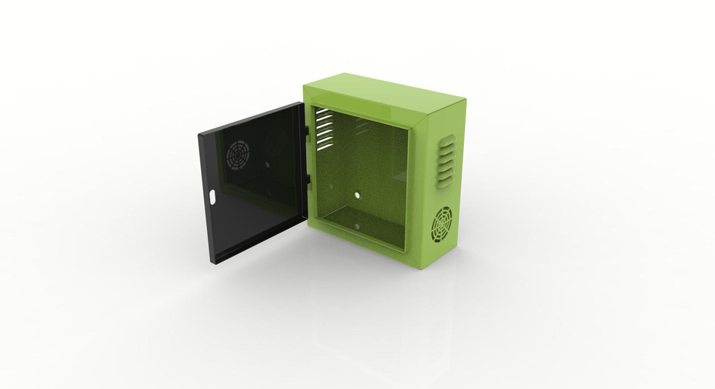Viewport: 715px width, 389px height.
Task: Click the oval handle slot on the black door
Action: pyautogui.click(x=213, y=198)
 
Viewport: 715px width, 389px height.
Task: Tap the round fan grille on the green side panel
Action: pyautogui.click(x=442, y=224)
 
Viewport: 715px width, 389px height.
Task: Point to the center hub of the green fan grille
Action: pyautogui.click(x=442, y=224)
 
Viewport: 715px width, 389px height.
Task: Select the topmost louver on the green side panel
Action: pyautogui.click(x=445, y=139)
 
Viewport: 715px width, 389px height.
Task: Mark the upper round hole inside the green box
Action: pyautogui.click(x=357, y=195)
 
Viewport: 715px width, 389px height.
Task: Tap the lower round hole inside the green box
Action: pyautogui.click(x=356, y=225)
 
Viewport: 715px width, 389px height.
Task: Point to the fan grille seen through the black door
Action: pyautogui.click(x=238, y=155)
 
